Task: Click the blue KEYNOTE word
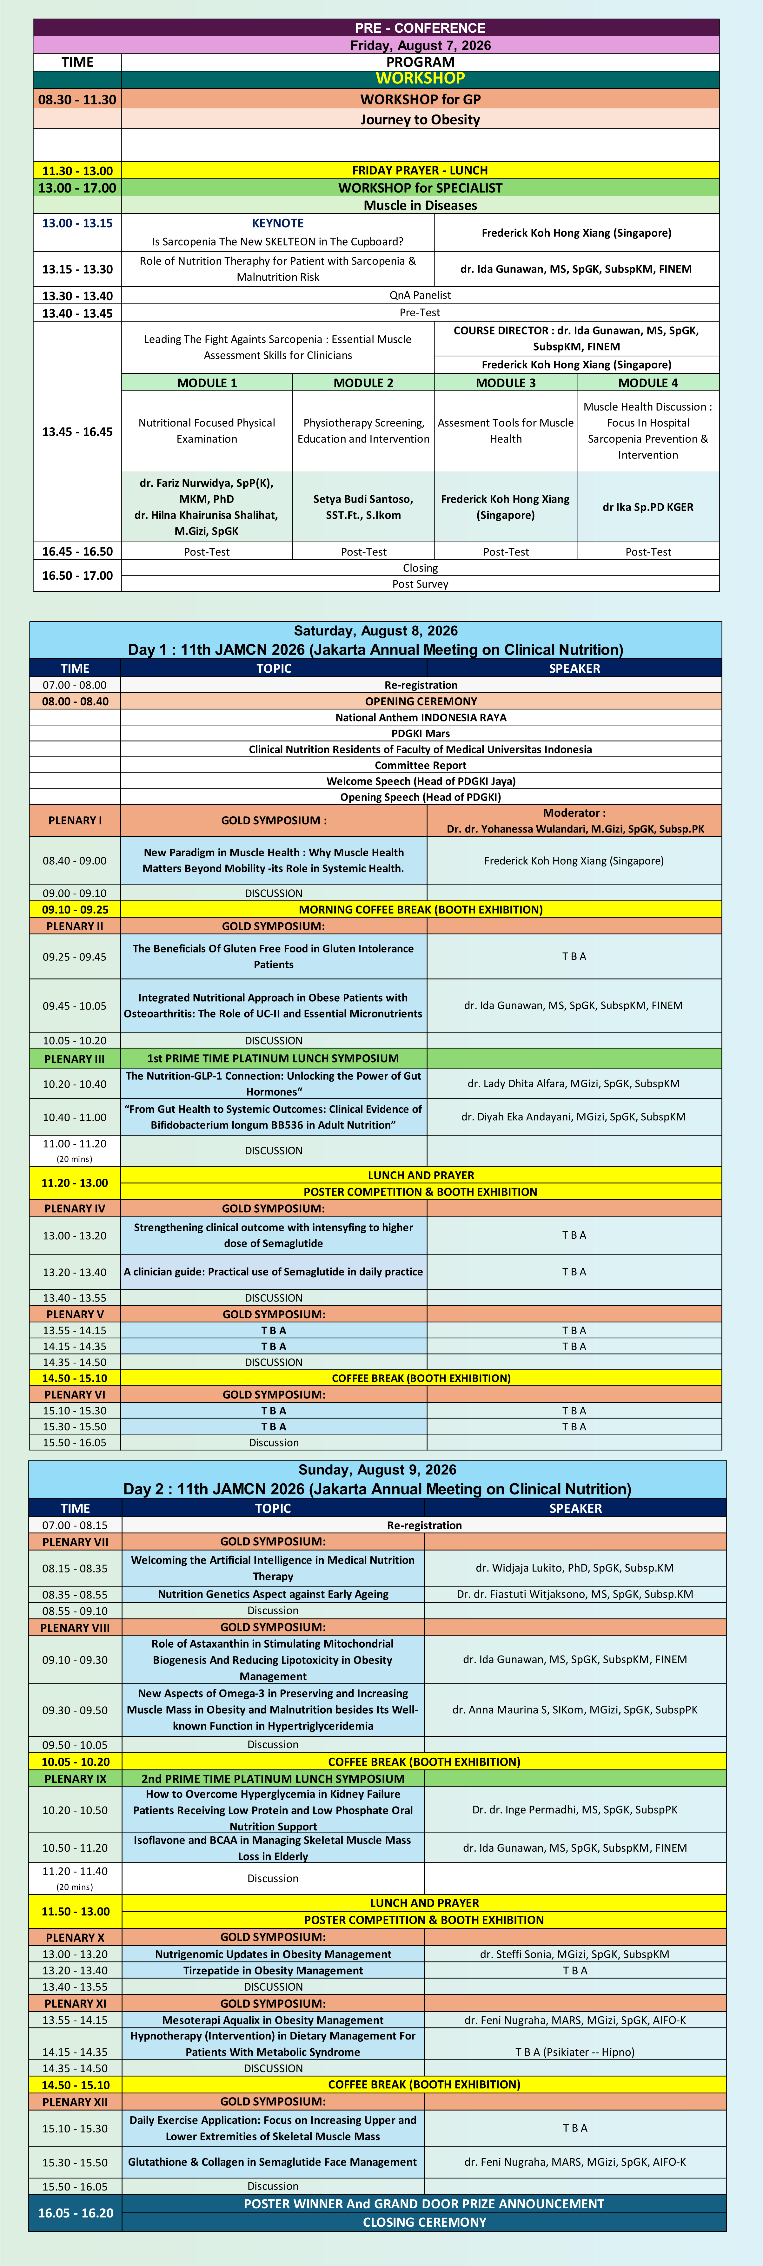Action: point(277,223)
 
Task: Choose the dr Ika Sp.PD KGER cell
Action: point(648,507)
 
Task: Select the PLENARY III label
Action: point(75,1058)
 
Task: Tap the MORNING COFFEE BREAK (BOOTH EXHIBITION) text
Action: point(421,910)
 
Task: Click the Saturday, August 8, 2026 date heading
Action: point(376,631)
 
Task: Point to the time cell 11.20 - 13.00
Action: point(75,1183)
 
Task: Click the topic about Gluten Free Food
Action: point(273,956)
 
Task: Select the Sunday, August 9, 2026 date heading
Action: point(377,1470)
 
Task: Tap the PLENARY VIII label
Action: point(75,1627)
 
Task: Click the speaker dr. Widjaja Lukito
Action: point(575,1568)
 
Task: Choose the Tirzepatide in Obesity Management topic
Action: point(273,1970)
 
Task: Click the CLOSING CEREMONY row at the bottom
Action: point(424,2222)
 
